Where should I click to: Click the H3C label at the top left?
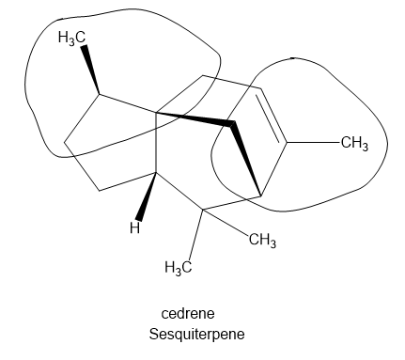pyautogui.click(x=71, y=38)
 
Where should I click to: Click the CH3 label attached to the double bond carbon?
pyautogui.click(x=354, y=144)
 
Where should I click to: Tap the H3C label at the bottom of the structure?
pyautogui.click(x=178, y=268)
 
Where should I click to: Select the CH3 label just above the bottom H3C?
pyautogui.click(x=262, y=241)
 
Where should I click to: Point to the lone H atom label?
pyautogui.click(x=134, y=227)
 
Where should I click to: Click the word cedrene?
pyautogui.click(x=188, y=313)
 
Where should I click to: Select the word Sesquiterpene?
pyautogui.click(x=196, y=334)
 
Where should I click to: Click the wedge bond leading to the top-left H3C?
pyautogui.click(x=91, y=70)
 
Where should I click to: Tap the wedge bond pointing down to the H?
pyautogui.click(x=147, y=196)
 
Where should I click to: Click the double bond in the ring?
pyautogui.click(x=272, y=116)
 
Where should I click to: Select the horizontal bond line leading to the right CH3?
pyautogui.click(x=313, y=143)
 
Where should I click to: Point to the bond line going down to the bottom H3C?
pyautogui.click(x=196, y=235)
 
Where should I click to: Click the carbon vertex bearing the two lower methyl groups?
pyautogui.click(x=203, y=210)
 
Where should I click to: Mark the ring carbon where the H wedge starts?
pyautogui.click(x=156, y=172)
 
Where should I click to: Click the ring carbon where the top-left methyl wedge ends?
pyautogui.click(x=100, y=94)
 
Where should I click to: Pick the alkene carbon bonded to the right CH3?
pyautogui.click(x=286, y=143)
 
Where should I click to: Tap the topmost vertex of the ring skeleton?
pyautogui.click(x=203, y=75)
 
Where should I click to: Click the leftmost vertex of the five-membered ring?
pyautogui.click(x=65, y=143)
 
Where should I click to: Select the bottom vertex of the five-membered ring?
pyautogui.click(x=100, y=190)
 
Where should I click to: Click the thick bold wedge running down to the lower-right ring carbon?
pyautogui.click(x=246, y=159)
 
